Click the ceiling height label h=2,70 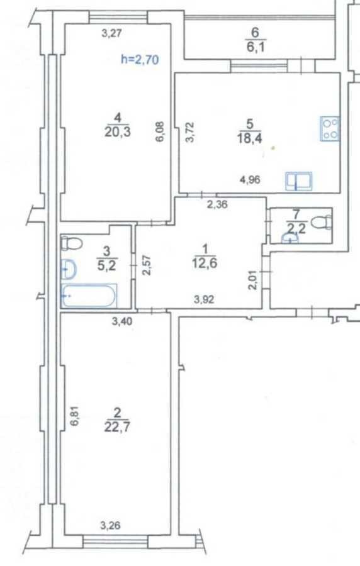coord(140,59)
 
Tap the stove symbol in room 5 coord(330,128)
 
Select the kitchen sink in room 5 coord(298,180)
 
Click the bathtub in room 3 coord(89,296)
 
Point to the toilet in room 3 coord(72,242)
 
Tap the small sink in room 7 coord(290,238)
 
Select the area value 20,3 coord(117,132)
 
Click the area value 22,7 coord(117,428)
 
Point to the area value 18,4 coord(249,138)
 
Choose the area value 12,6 coord(205,263)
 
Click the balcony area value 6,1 coord(255,47)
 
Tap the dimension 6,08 coord(160,132)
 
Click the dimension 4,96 coord(250,179)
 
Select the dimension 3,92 coord(204,299)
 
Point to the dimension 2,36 coord(217,204)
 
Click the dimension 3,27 coord(112,34)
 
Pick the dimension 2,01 coord(254,280)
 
